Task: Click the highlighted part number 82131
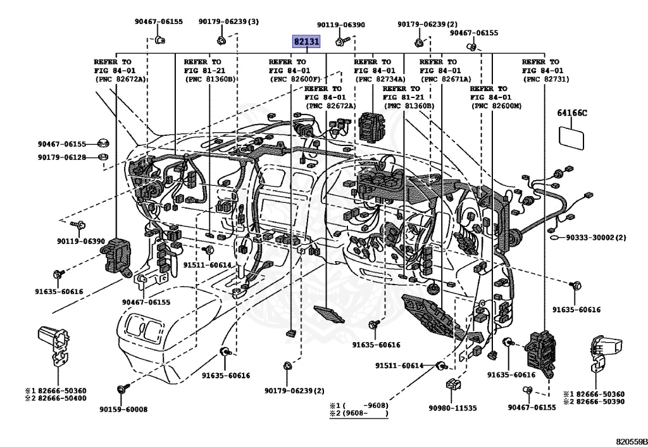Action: [307, 42]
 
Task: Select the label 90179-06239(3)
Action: [228, 21]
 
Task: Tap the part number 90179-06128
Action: [61, 157]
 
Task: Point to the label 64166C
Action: [572, 113]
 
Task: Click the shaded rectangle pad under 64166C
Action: [571, 137]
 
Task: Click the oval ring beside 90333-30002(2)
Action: [554, 238]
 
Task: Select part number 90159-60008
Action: [123, 409]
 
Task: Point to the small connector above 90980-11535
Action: [451, 384]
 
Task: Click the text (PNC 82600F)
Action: [296, 80]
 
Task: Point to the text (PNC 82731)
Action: [545, 80]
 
